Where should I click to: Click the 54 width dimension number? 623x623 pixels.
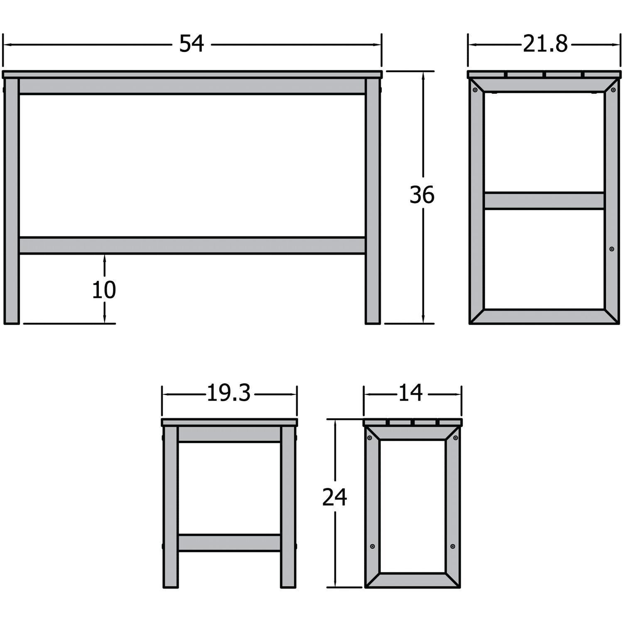(x=191, y=44)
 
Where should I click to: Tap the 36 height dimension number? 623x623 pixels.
(x=422, y=195)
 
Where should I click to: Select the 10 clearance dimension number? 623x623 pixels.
(x=104, y=290)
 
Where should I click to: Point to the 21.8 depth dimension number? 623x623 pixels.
(x=545, y=44)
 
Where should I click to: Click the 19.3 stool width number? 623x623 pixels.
(x=229, y=393)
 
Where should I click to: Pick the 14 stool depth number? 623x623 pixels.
(x=410, y=393)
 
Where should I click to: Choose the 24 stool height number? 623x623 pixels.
(x=335, y=497)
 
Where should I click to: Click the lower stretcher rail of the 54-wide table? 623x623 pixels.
(x=192, y=245)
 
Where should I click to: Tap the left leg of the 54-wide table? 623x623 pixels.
(x=12, y=199)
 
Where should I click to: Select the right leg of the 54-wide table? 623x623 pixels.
(x=373, y=199)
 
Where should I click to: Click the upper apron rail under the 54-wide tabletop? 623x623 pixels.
(x=192, y=86)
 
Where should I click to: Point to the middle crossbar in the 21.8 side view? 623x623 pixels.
(x=544, y=201)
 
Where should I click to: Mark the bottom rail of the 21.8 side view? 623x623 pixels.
(x=544, y=316)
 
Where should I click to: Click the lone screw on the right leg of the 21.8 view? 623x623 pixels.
(x=611, y=249)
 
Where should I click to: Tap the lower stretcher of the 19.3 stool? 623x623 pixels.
(x=229, y=543)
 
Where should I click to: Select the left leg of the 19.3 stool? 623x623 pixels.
(x=171, y=507)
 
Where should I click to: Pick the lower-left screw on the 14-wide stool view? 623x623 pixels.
(x=372, y=546)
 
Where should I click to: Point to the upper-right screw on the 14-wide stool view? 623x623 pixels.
(x=456, y=438)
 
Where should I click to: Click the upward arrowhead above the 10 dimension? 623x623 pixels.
(x=104, y=258)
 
